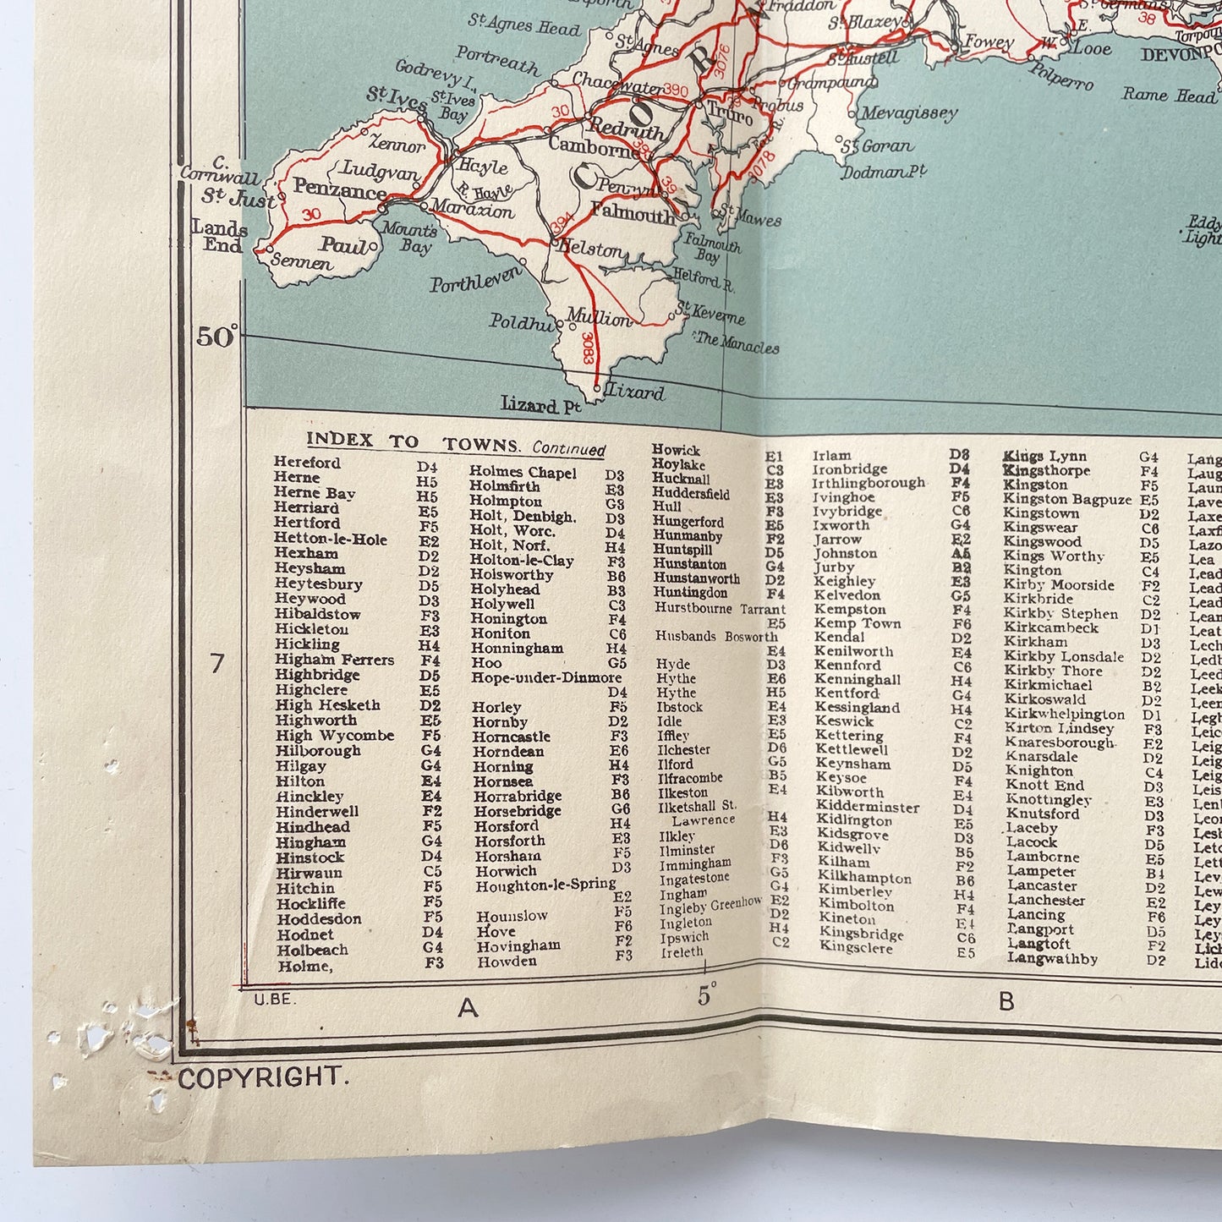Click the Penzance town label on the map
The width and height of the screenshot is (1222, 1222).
coord(339,189)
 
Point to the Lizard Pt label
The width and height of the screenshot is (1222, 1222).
coord(540,405)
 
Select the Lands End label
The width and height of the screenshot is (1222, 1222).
coord(220,237)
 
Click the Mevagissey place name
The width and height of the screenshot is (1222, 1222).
coord(909,113)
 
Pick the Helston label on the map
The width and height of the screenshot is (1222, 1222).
coord(589,249)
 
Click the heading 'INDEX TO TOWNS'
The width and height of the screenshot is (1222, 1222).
coord(412,441)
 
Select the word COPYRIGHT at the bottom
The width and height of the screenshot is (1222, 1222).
coord(260,1077)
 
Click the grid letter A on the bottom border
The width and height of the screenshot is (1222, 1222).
coord(467,1006)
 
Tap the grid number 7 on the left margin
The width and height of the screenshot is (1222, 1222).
coord(217,663)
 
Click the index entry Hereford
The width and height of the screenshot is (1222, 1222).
coord(307,463)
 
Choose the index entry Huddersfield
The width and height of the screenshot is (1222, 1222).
coord(690,493)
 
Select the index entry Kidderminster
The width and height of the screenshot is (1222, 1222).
coord(867,806)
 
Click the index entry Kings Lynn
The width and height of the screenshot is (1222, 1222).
coord(1044,457)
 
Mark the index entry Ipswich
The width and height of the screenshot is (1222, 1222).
coord(684,937)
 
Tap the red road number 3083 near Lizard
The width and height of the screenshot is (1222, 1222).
coord(587,349)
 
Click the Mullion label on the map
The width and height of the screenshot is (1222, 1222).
coord(599,318)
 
